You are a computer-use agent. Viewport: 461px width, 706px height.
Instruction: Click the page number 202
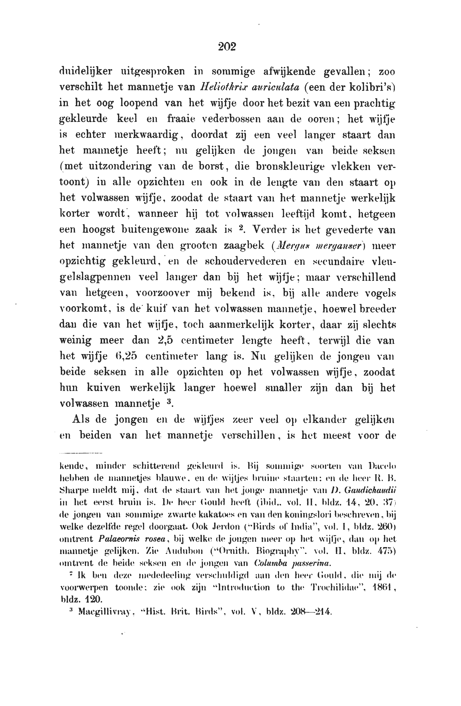[227, 47]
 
